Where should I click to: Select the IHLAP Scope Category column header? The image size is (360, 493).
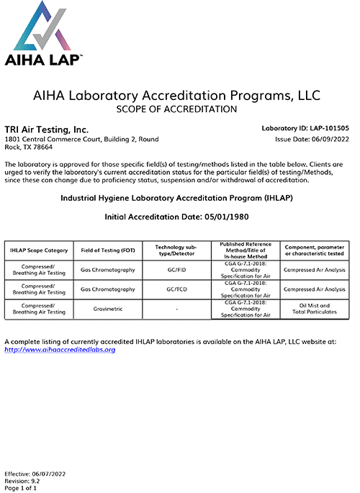point(40,250)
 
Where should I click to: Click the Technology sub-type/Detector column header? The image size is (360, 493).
point(176,250)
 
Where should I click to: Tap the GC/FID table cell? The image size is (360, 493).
point(176,271)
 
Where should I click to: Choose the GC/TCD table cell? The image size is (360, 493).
point(176,290)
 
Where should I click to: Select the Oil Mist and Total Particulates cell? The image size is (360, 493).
point(314,309)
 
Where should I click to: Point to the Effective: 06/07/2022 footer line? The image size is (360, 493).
point(30,474)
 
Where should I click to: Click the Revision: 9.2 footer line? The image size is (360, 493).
point(22,481)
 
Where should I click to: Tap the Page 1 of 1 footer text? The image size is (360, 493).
point(21,488)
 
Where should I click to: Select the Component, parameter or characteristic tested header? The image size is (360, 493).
point(314,250)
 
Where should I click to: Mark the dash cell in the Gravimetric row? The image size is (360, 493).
point(176,309)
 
